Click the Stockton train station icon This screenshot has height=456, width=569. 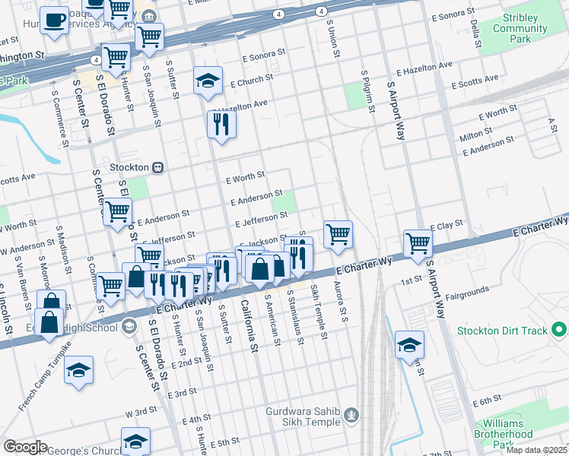(158, 167)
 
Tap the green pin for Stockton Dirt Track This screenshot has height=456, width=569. (560, 331)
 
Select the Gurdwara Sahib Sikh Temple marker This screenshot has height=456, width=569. (351, 414)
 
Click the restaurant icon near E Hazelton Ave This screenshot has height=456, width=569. (221, 124)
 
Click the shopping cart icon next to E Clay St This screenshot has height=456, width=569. (418, 243)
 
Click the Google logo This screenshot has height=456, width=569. (25, 447)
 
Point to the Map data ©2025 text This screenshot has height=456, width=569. (536, 450)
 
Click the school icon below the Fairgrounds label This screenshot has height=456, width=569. (409, 347)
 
